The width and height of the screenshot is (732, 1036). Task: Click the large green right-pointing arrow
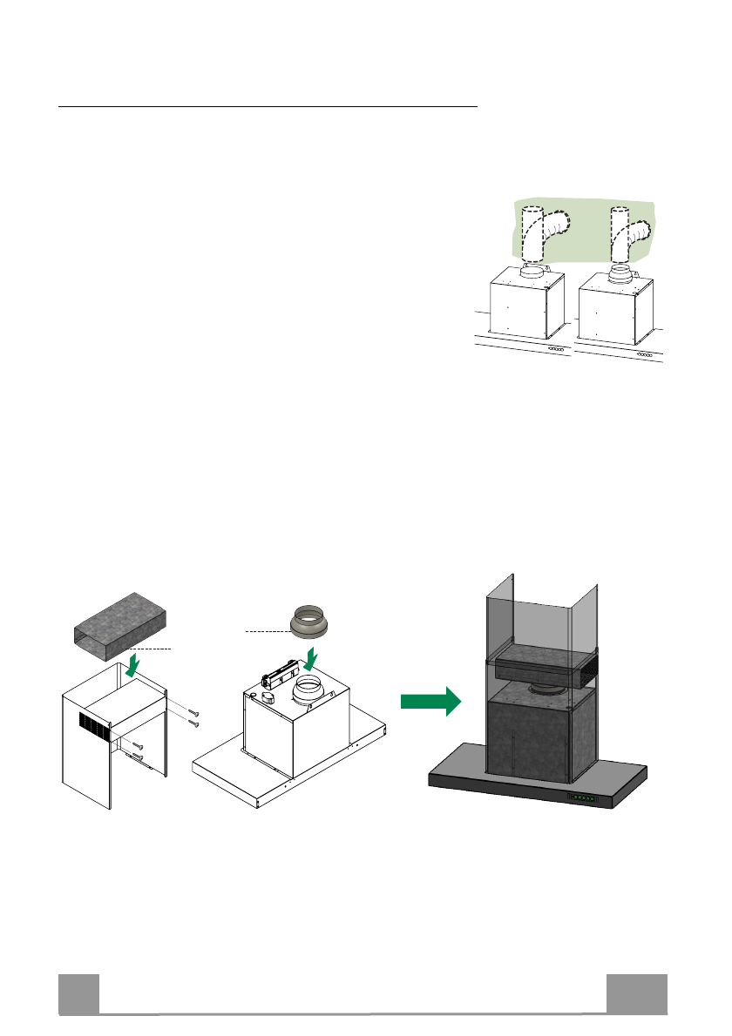tap(430, 700)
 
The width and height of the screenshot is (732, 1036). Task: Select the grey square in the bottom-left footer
tap(78, 994)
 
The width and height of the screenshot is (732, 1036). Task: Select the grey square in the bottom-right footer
tap(637, 994)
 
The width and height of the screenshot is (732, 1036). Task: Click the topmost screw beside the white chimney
tap(195, 712)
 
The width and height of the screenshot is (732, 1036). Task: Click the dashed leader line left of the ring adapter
tap(267, 629)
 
